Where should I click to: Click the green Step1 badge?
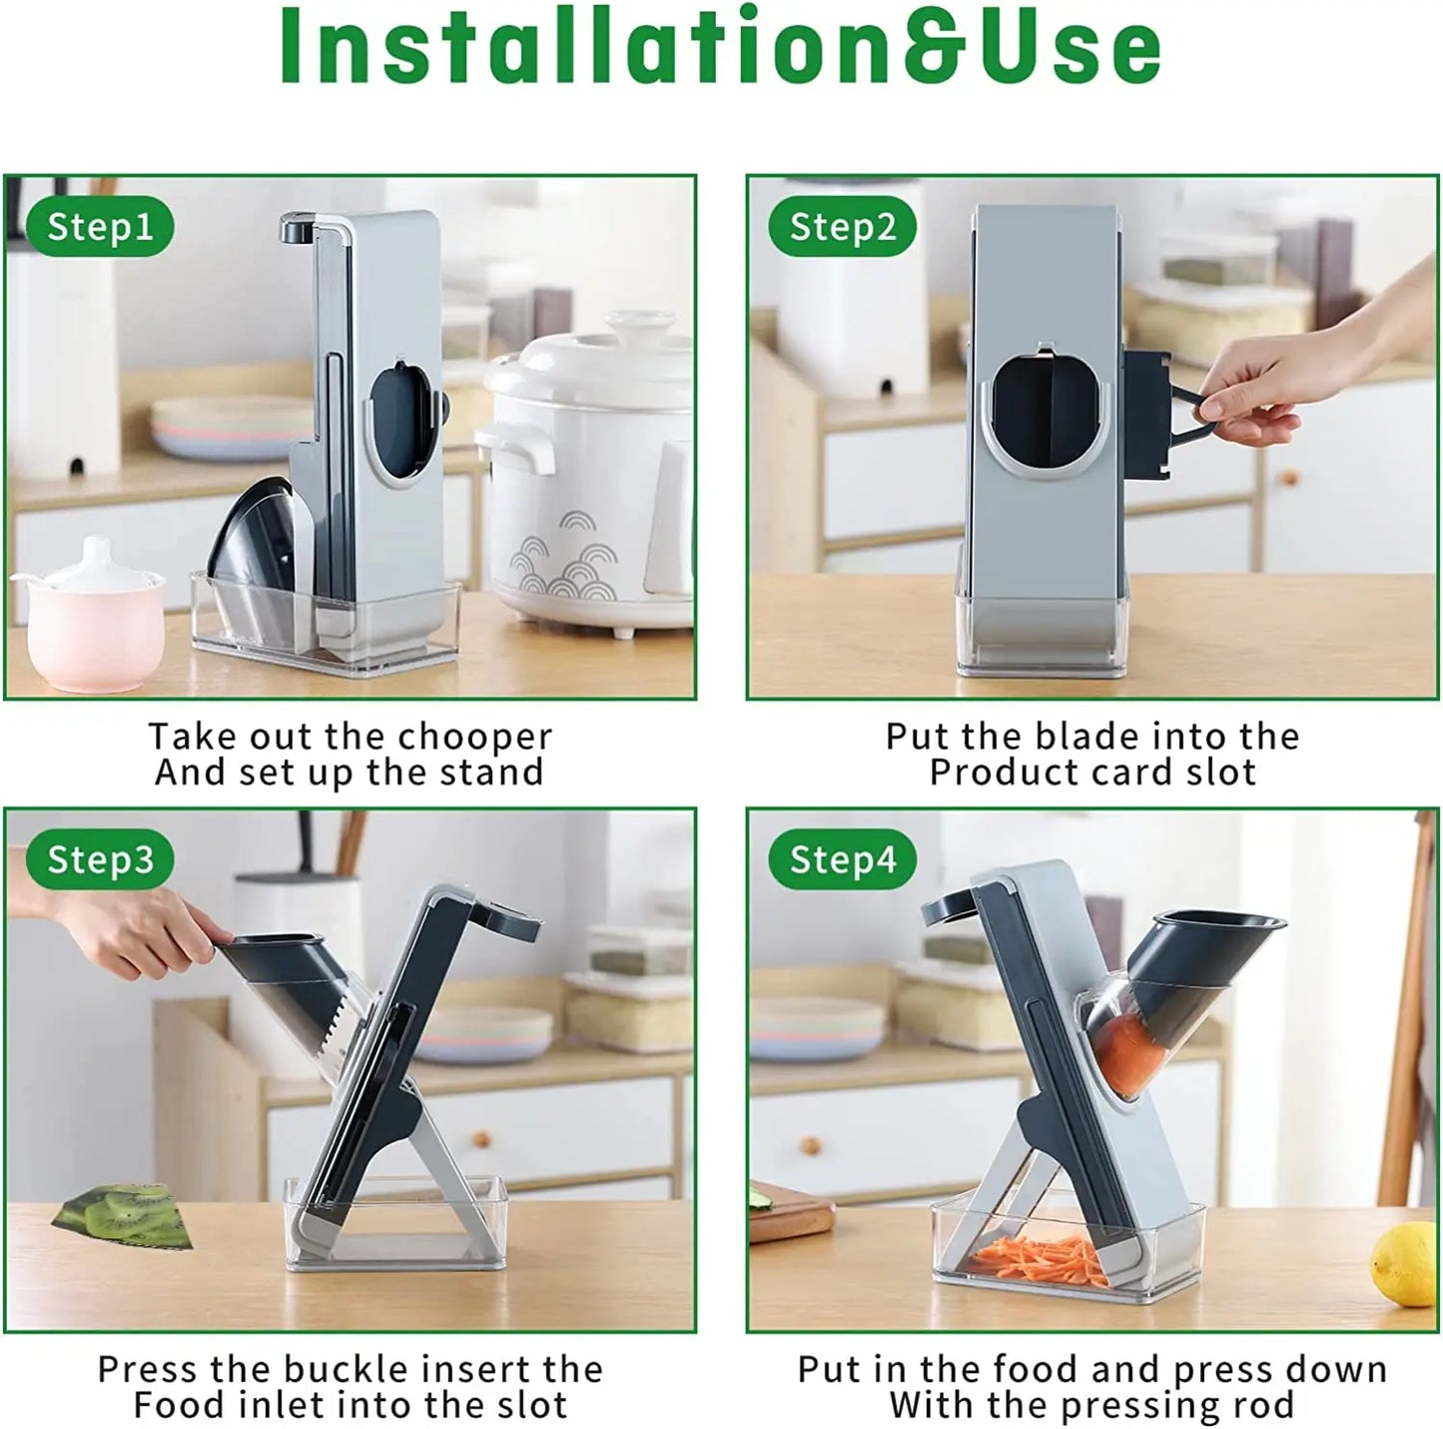(100, 226)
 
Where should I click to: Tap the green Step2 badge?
(843, 226)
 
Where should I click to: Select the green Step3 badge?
(100, 858)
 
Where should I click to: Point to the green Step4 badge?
(843, 858)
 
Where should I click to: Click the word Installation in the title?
(516, 46)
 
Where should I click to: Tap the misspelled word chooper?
(474, 737)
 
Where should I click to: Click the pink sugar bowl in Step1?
(91, 614)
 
